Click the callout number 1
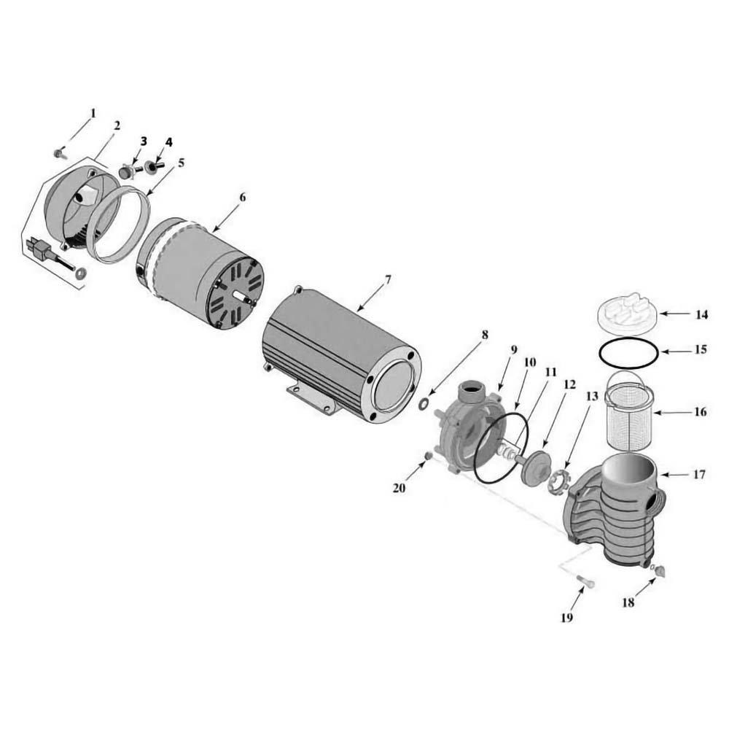click(x=93, y=113)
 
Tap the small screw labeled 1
click(x=59, y=153)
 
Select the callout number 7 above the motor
click(x=388, y=279)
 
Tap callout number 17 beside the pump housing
click(x=699, y=475)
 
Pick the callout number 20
click(x=399, y=488)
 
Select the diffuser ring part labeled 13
click(x=558, y=481)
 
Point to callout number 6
click(x=243, y=198)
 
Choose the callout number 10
click(x=530, y=362)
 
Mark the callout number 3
click(x=144, y=140)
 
